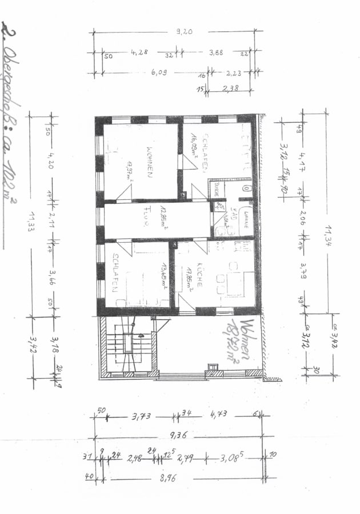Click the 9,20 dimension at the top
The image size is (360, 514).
pos(184,32)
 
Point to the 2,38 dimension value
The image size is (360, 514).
pos(231,89)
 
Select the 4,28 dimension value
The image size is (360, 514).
pos(139,53)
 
